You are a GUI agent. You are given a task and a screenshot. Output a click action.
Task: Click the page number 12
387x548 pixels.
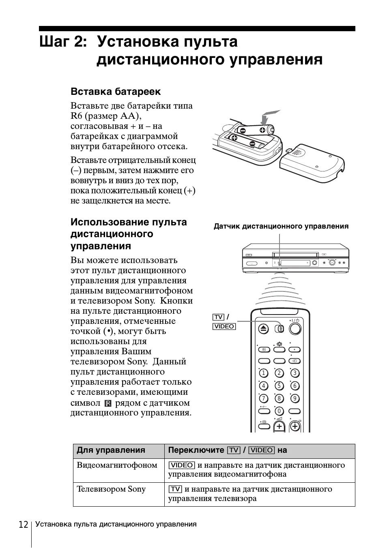coord(23,525)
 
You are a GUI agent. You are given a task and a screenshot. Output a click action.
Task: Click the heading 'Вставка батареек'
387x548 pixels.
coord(116,92)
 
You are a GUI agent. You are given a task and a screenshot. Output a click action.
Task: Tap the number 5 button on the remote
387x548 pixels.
coord(279,385)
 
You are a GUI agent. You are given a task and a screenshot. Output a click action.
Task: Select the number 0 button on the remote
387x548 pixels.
coord(279,411)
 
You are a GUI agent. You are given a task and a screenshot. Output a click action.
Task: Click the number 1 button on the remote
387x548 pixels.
coord(263,373)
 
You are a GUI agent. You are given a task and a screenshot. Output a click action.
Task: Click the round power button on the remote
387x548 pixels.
coord(295,329)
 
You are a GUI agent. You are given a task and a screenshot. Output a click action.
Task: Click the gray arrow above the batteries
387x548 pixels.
coord(269,117)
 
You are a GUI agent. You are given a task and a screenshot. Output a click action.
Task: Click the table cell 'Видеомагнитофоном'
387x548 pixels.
coord(117,465)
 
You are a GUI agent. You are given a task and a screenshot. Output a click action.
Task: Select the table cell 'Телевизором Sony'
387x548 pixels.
coord(111,489)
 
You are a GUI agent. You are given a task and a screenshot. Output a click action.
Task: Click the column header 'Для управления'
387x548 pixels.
coord(111,450)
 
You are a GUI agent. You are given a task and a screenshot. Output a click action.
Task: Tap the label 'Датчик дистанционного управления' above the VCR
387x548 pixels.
coord(281,227)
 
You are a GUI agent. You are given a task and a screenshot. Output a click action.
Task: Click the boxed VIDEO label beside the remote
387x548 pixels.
coord(224,326)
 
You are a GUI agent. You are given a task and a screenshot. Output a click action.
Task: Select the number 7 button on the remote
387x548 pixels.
coord(263,398)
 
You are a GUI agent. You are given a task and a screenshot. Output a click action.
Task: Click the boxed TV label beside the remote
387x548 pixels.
coord(218,317)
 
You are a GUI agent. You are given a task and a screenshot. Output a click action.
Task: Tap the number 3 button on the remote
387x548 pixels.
coord(295,373)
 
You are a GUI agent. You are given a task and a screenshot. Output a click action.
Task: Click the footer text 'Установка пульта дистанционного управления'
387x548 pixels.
coord(116,524)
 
